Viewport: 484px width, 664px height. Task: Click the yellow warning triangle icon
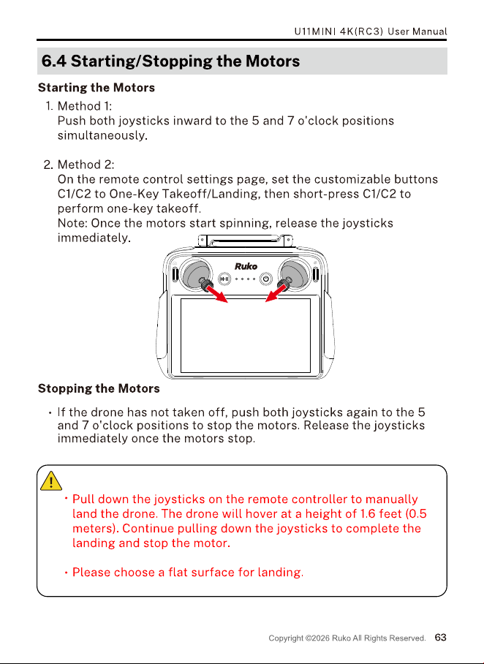tap(51, 481)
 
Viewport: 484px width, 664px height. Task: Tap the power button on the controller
tap(266, 279)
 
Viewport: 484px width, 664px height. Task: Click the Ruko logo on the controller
tap(246, 266)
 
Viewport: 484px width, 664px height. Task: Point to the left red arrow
tap(216, 293)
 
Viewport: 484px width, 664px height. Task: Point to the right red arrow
tap(276, 293)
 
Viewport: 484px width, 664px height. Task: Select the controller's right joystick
tap(295, 273)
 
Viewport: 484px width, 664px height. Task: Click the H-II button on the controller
tap(224, 279)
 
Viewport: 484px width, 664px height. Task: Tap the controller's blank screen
tap(246, 336)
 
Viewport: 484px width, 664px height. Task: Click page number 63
tap(440, 638)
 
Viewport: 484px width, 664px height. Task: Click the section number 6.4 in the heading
tap(54, 61)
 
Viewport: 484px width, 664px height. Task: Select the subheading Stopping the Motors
tap(99, 388)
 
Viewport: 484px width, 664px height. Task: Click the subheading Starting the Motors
tap(97, 88)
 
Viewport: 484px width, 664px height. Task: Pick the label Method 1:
tap(85, 106)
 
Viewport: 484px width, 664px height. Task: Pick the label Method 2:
tap(86, 165)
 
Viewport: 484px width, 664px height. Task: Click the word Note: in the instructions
tap(72, 223)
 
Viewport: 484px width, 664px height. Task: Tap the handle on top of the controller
tap(246, 241)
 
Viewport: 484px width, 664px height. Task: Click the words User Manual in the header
tap(417, 31)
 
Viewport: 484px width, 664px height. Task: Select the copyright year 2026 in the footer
tap(320, 638)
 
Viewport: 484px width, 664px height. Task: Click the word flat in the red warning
tap(178, 572)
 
